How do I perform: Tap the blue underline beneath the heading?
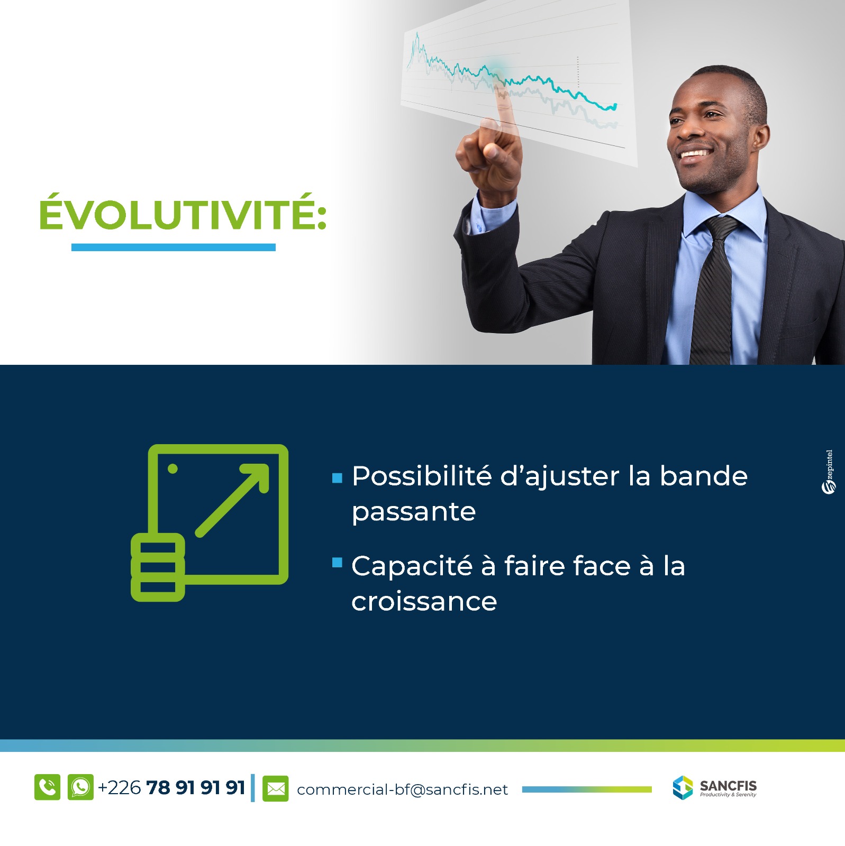click(x=174, y=247)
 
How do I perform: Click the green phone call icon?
click(x=48, y=787)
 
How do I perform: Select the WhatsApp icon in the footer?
click(x=80, y=787)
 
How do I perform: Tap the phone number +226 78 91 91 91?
click(x=171, y=788)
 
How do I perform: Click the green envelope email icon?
click(x=276, y=788)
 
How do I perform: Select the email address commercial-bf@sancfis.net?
click(x=402, y=789)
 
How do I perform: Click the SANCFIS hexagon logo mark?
click(x=683, y=787)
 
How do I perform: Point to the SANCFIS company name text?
click(x=728, y=785)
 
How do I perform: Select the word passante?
click(x=414, y=512)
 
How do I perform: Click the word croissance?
click(x=424, y=601)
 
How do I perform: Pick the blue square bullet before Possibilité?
click(x=337, y=479)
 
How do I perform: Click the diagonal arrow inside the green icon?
click(x=233, y=500)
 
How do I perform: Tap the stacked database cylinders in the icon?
click(x=158, y=567)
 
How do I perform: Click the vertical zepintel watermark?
click(x=829, y=472)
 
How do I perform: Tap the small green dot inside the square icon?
click(x=172, y=468)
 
